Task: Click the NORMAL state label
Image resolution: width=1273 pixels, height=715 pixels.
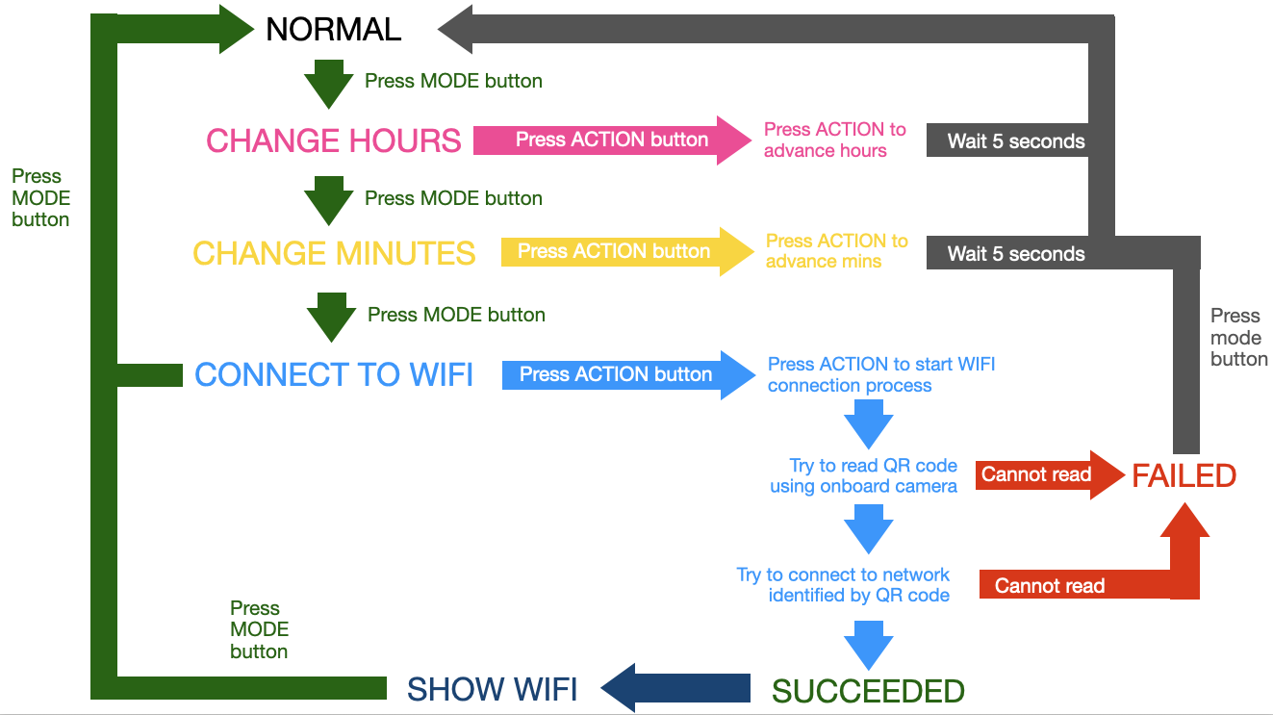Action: [x=333, y=30]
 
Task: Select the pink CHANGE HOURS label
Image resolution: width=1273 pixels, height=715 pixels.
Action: [x=333, y=140]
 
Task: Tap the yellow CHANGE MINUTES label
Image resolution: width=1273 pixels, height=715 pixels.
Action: [x=334, y=253]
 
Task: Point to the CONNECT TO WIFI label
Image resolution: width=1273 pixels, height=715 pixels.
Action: [x=334, y=374]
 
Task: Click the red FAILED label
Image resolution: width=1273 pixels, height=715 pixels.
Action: [x=1184, y=475]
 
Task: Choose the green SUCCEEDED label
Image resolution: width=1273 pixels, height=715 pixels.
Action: [x=868, y=691]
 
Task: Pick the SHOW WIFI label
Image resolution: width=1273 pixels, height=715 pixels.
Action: [x=492, y=689]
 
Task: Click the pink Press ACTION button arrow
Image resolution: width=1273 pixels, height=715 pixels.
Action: [x=612, y=140]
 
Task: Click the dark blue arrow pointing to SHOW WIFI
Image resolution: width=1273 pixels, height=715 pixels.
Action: [x=676, y=688]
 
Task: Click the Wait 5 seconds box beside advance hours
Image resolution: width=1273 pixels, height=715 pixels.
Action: [x=1015, y=141]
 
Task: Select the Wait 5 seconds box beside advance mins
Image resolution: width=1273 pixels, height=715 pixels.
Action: [x=1015, y=254]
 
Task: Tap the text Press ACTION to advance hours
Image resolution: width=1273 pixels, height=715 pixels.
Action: [x=834, y=140]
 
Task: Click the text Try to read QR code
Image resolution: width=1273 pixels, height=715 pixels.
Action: [x=862, y=475]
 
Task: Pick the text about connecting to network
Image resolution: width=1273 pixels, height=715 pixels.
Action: [x=843, y=585]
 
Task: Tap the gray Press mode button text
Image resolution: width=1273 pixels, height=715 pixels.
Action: [x=1237, y=337]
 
